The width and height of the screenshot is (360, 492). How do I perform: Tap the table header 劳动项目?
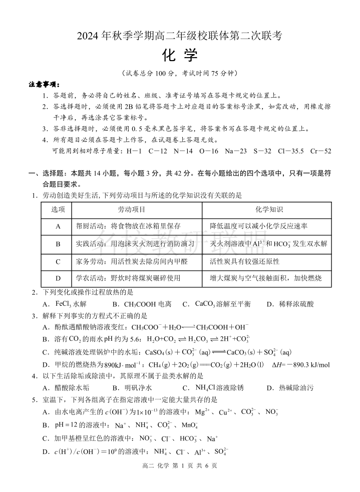[x=131, y=210]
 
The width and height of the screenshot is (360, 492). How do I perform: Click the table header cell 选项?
[x=58, y=210]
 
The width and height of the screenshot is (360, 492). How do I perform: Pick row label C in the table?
[x=58, y=261]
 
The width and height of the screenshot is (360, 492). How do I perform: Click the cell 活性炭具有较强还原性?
[x=244, y=261]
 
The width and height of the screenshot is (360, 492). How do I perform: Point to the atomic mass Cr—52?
[x=320, y=151]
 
